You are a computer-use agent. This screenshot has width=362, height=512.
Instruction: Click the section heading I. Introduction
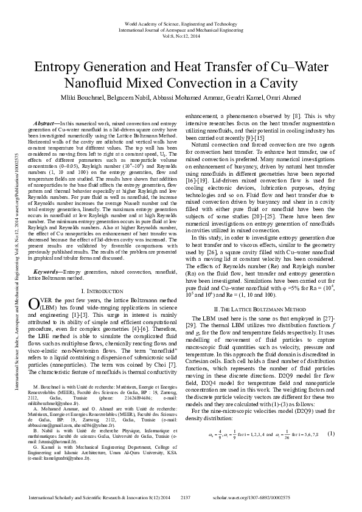[x=102, y=292]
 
